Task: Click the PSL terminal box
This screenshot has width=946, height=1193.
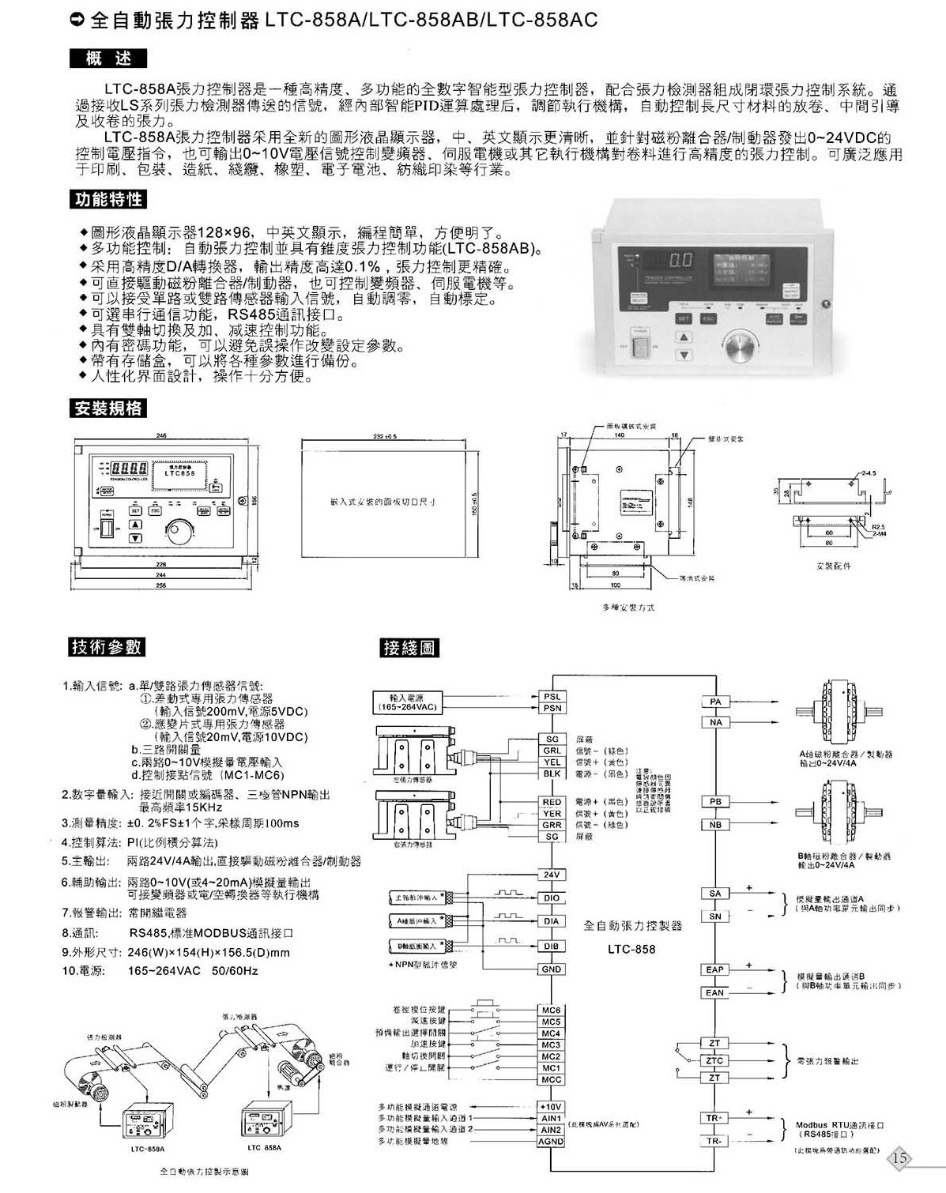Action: pyautogui.click(x=551, y=697)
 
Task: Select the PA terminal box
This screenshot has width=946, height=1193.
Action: pyautogui.click(x=715, y=702)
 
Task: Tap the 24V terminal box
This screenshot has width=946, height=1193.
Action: pyautogui.click(x=551, y=875)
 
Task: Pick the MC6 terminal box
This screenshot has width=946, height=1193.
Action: pyautogui.click(x=551, y=1010)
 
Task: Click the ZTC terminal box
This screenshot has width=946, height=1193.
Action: pyautogui.click(x=714, y=1060)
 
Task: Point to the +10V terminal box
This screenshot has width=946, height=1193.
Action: pyautogui.click(x=551, y=1107)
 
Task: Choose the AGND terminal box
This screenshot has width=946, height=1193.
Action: pyautogui.click(x=551, y=1142)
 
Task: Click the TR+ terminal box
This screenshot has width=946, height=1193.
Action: pyautogui.click(x=714, y=1118)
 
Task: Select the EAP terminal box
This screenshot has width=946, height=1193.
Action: pyautogui.click(x=714, y=969)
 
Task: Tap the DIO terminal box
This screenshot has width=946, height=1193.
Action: pyautogui.click(x=551, y=898)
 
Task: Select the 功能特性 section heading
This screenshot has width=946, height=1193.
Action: pyautogui.click(x=108, y=199)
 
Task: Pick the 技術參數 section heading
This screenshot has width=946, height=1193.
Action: pyautogui.click(x=107, y=646)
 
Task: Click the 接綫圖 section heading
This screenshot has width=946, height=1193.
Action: pyautogui.click(x=409, y=648)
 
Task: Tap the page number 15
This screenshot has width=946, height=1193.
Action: pyautogui.click(x=900, y=1158)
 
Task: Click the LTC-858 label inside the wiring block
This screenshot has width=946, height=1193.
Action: pyautogui.click(x=631, y=949)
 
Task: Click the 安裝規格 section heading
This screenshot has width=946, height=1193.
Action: pyautogui.click(x=107, y=408)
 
